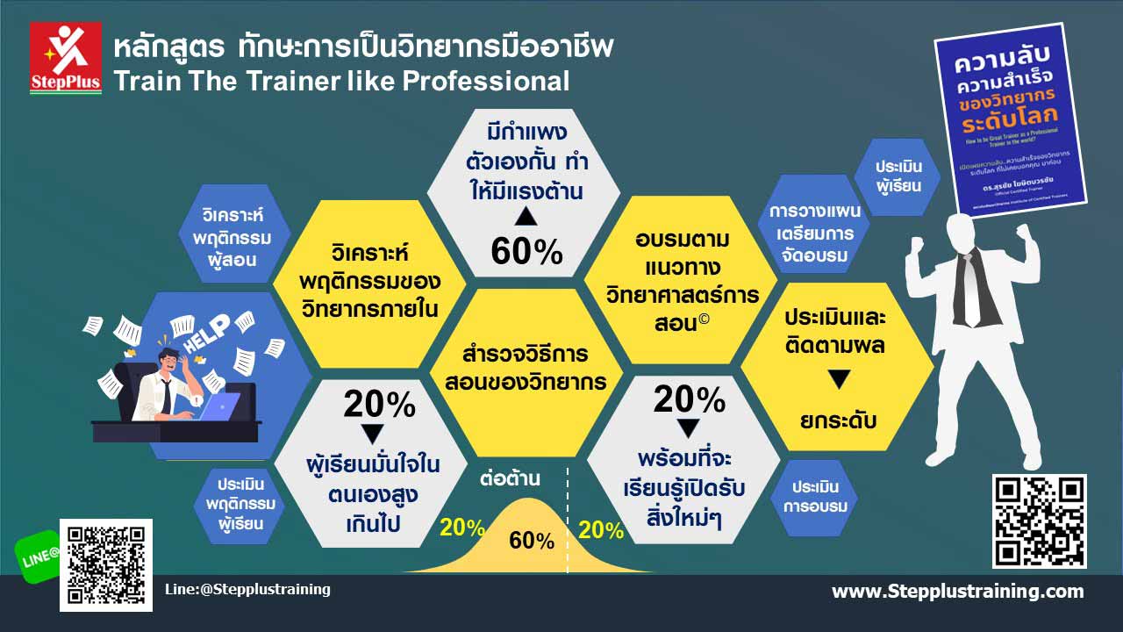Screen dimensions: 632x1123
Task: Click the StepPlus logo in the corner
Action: coord(66,58)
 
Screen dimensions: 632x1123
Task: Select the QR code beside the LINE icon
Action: coord(105,564)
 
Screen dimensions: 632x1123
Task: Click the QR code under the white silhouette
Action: coord(1039,521)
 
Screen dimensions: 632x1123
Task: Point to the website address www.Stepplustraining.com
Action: coord(957,591)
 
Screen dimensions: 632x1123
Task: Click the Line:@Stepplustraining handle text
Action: coord(247,589)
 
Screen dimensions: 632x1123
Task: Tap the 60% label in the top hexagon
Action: coord(526,252)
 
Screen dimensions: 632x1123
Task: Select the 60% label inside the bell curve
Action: coord(532,541)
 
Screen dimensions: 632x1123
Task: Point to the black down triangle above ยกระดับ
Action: coord(839,380)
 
